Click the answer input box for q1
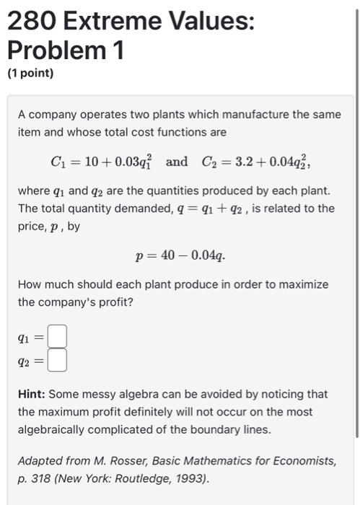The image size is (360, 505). click(58, 336)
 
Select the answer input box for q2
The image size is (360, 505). click(58, 359)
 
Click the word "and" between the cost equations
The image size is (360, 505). click(177, 162)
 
